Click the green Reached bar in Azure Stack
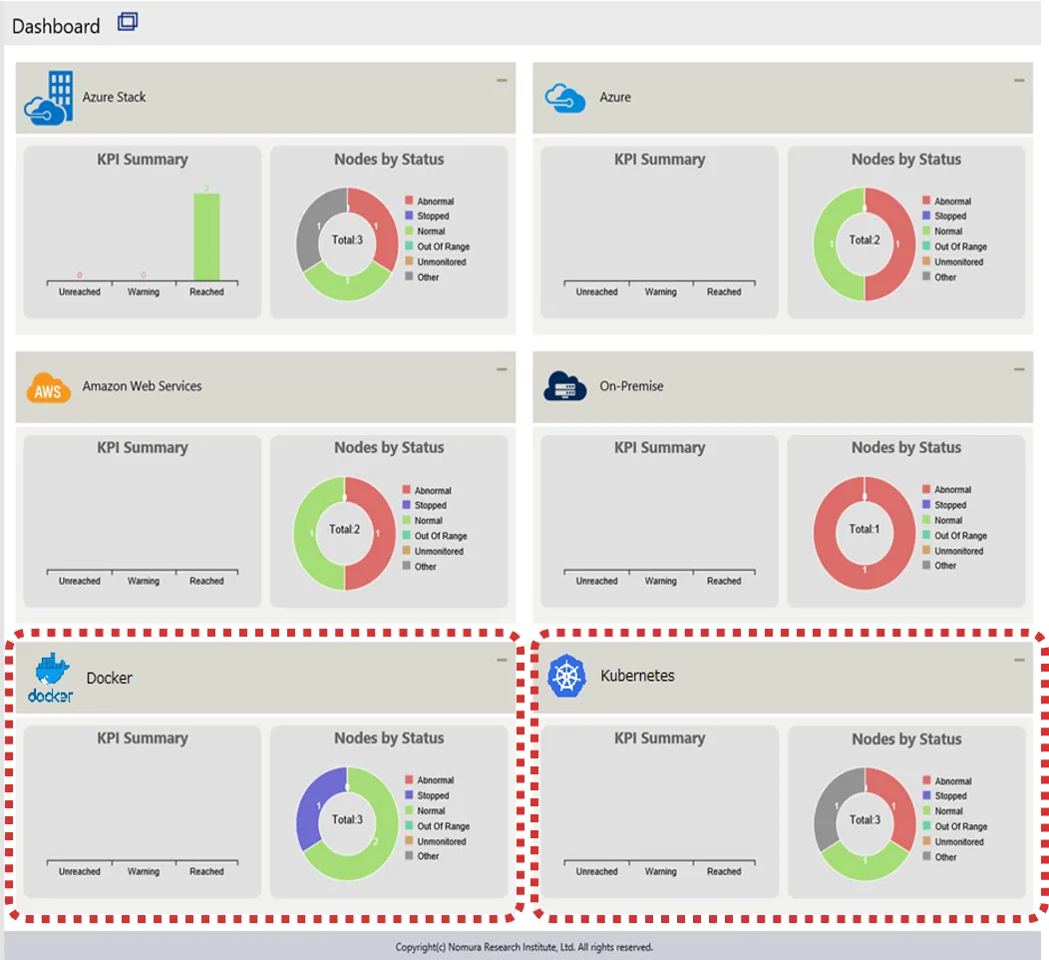click(x=206, y=237)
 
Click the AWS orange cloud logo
click(x=48, y=387)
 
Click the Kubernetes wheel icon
click(x=565, y=677)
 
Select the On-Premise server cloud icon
click(x=564, y=386)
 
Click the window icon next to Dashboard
click(x=128, y=22)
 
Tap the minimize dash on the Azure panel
click(x=1019, y=80)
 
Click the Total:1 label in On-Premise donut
click(x=863, y=529)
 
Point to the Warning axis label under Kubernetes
click(x=660, y=871)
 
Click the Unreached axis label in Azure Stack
click(x=79, y=291)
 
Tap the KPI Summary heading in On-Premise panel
click(x=659, y=448)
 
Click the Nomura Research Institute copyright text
click(x=524, y=947)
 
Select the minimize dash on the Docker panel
click(x=502, y=660)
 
